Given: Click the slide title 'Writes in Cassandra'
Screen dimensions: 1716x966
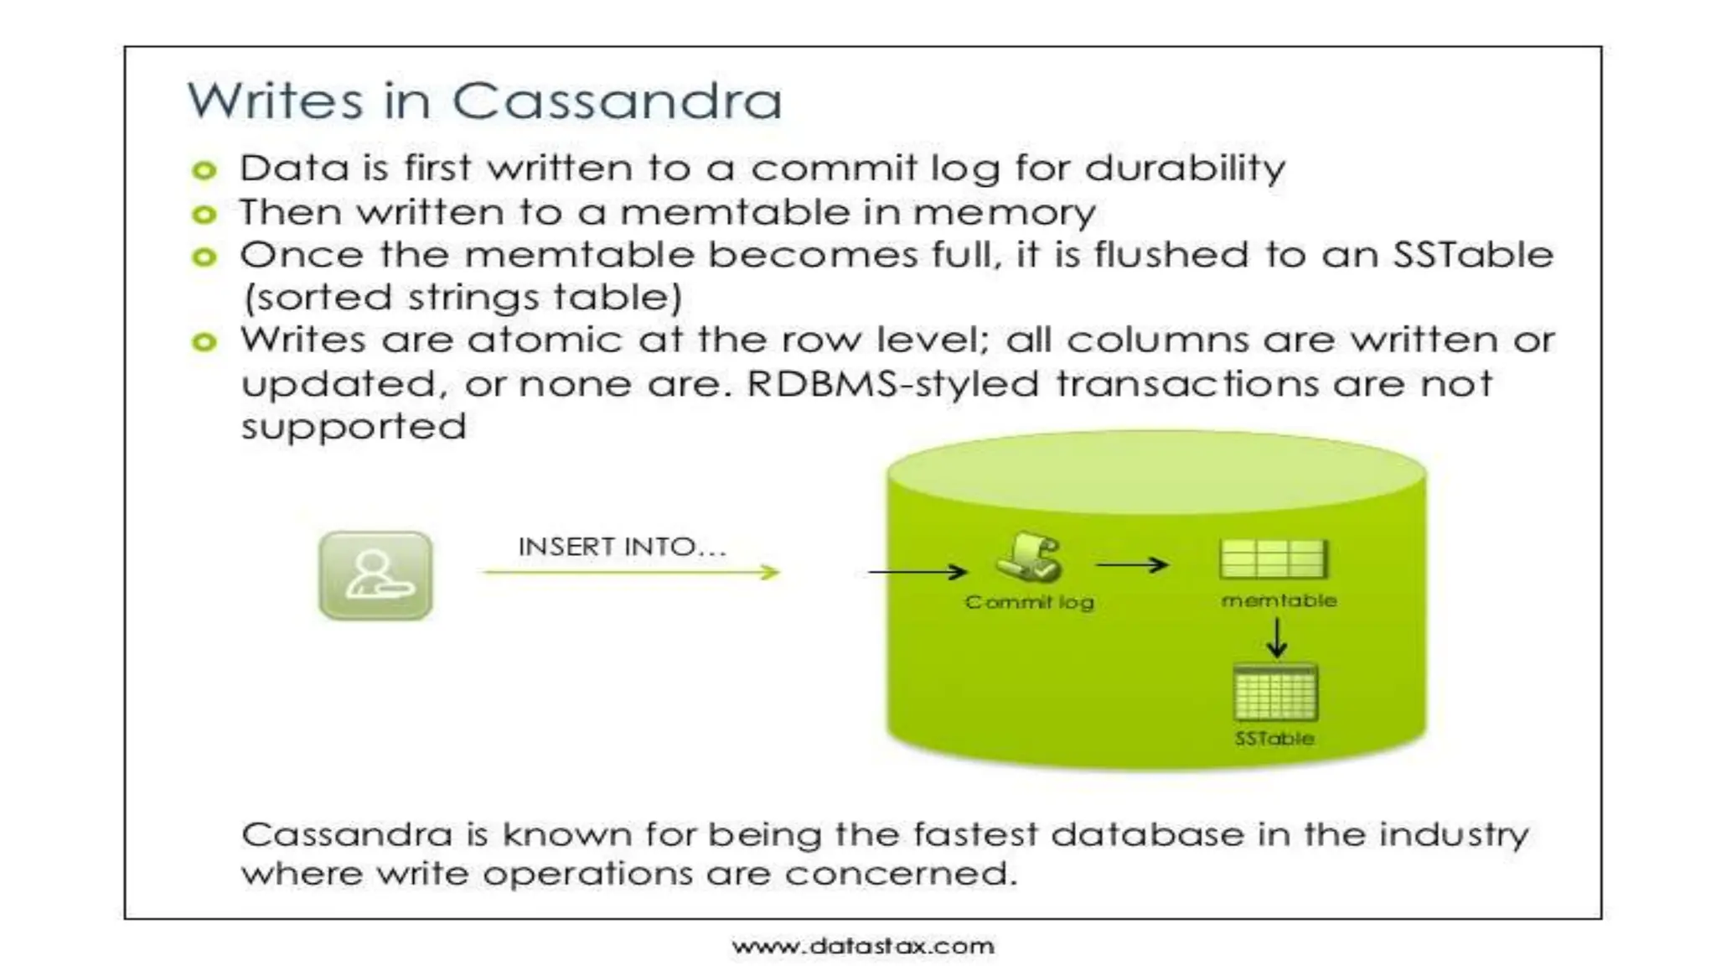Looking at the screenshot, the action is coord(484,101).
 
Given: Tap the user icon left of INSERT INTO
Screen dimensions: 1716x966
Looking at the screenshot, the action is coord(375,575).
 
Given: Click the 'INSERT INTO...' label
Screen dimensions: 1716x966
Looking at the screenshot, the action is coord(622,547).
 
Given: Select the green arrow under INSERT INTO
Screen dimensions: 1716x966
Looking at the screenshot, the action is coord(632,573).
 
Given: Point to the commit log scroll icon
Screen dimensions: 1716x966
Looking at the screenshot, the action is coord(1029,557).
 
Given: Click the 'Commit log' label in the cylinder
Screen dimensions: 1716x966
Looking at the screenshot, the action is coord(1029,602).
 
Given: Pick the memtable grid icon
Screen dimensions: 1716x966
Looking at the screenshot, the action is coord(1274,558).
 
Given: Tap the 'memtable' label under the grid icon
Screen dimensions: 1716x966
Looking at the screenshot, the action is coord(1279,600).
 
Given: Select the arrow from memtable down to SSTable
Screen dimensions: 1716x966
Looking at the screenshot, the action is coord(1277,638).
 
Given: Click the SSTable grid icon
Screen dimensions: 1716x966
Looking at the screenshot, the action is coord(1275,693).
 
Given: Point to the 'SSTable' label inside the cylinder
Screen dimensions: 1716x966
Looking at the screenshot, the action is coord(1274,739).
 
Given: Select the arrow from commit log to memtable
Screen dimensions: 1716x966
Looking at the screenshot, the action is coord(1131,565).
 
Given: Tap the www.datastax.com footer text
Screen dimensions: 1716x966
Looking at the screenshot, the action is coord(863,947).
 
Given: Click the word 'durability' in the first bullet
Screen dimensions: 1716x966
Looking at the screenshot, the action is coord(1185,169).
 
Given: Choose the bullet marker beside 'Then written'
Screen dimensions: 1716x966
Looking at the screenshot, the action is coord(204,215).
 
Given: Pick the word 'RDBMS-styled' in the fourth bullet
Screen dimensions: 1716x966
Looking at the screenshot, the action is coord(892,384).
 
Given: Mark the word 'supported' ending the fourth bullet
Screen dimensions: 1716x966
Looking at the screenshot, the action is coord(354,427).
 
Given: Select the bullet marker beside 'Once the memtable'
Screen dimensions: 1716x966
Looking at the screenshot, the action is coord(204,257).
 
